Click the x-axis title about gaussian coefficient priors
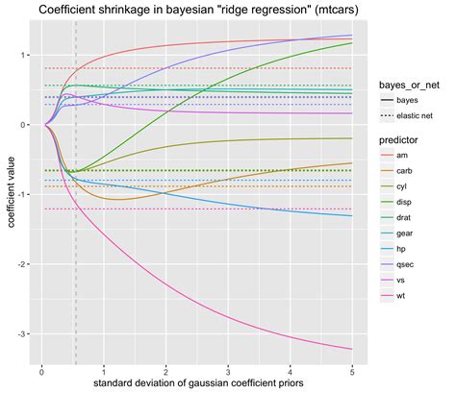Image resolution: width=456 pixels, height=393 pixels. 198,383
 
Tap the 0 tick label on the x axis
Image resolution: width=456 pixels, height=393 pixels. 41,370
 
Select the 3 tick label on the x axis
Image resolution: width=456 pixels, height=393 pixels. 227,370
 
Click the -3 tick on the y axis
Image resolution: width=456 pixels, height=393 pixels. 21,333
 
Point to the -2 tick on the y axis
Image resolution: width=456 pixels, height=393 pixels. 21,264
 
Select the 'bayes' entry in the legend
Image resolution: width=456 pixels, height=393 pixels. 408,99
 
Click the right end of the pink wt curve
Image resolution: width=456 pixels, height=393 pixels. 351,348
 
